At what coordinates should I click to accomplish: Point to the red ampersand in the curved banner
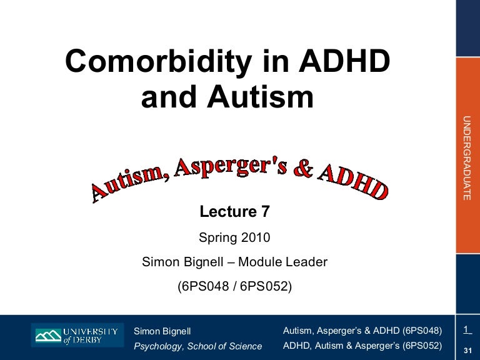tap(302, 170)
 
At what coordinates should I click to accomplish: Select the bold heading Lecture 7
tap(234, 212)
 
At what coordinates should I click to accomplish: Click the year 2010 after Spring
tap(254, 237)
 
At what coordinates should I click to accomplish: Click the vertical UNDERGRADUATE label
tap(466, 158)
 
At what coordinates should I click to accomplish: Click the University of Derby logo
tap(76, 336)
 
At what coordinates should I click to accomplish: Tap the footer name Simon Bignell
tap(162, 331)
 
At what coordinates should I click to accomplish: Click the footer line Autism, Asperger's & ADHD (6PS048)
tap(362, 330)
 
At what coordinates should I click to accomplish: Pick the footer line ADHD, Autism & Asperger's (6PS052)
tap(362, 345)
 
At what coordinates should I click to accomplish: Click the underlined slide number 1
tap(466, 329)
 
